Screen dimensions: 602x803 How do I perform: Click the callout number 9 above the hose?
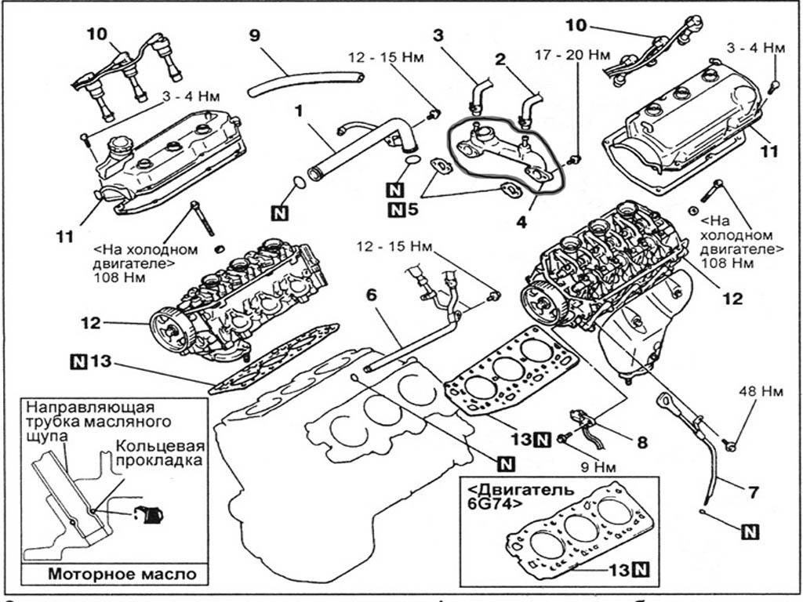click(x=254, y=35)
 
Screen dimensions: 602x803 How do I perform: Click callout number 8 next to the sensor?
click(x=642, y=441)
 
